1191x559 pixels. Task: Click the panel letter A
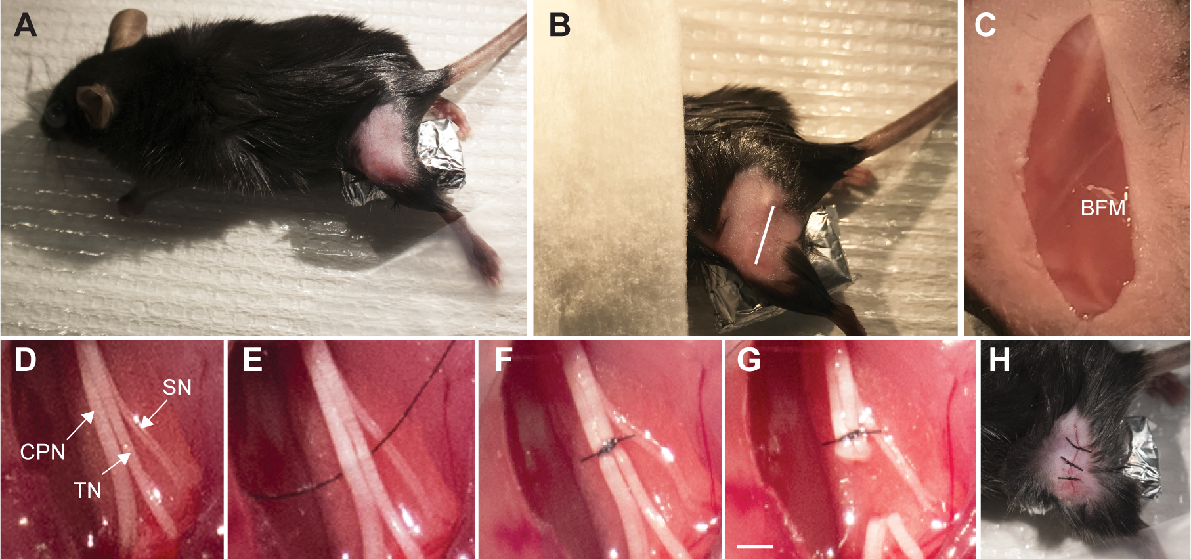pos(25,25)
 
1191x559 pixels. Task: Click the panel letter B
pos(559,25)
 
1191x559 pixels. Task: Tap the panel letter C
pos(985,25)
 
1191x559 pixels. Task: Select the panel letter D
pos(25,360)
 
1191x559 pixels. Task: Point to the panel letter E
pos(252,360)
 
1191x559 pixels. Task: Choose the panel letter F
pos(503,360)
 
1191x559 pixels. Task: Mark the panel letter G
pos(749,360)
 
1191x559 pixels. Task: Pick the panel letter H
pos(999,360)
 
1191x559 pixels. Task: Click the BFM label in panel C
pos(1103,208)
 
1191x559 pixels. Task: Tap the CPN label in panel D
pos(43,452)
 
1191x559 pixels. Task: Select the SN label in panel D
pos(177,388)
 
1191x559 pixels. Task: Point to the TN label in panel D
pos(87,490)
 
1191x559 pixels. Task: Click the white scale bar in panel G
pos(754,546)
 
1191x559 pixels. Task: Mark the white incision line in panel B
pos(765,235)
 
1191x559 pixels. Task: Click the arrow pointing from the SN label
pos(154,414)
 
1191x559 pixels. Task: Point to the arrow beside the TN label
pos(116,463)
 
